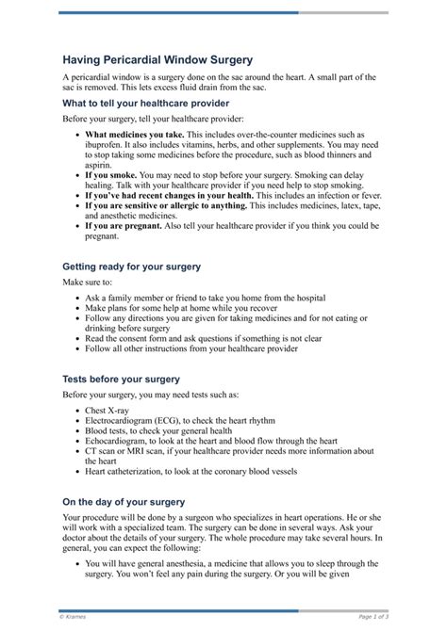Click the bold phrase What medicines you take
point(134,136)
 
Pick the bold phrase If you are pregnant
point(124,226)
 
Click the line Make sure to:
point(87,283)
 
